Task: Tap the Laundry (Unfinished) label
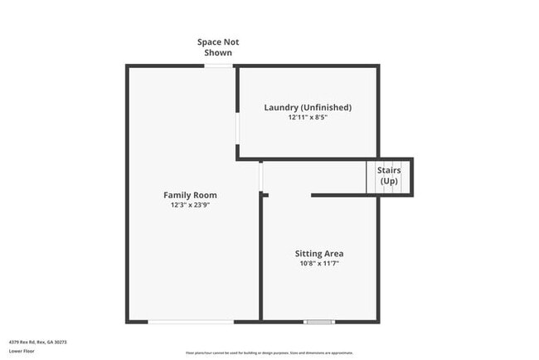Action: [308, 108]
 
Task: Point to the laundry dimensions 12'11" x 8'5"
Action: [308, 118]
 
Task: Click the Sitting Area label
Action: [319, 253]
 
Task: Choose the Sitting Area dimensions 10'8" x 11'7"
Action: [319, 263]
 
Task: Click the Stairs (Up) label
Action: [390, 176]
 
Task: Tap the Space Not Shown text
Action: [218, 47]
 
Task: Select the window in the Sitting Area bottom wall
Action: [319, 321]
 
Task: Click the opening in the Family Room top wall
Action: [219, 66]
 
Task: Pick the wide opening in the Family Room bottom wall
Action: [192, 321]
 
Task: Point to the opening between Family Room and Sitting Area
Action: [260, 176]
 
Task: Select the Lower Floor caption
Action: [22, 351]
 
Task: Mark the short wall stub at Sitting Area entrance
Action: [265, 195]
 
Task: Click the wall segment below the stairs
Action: [345, 195]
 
